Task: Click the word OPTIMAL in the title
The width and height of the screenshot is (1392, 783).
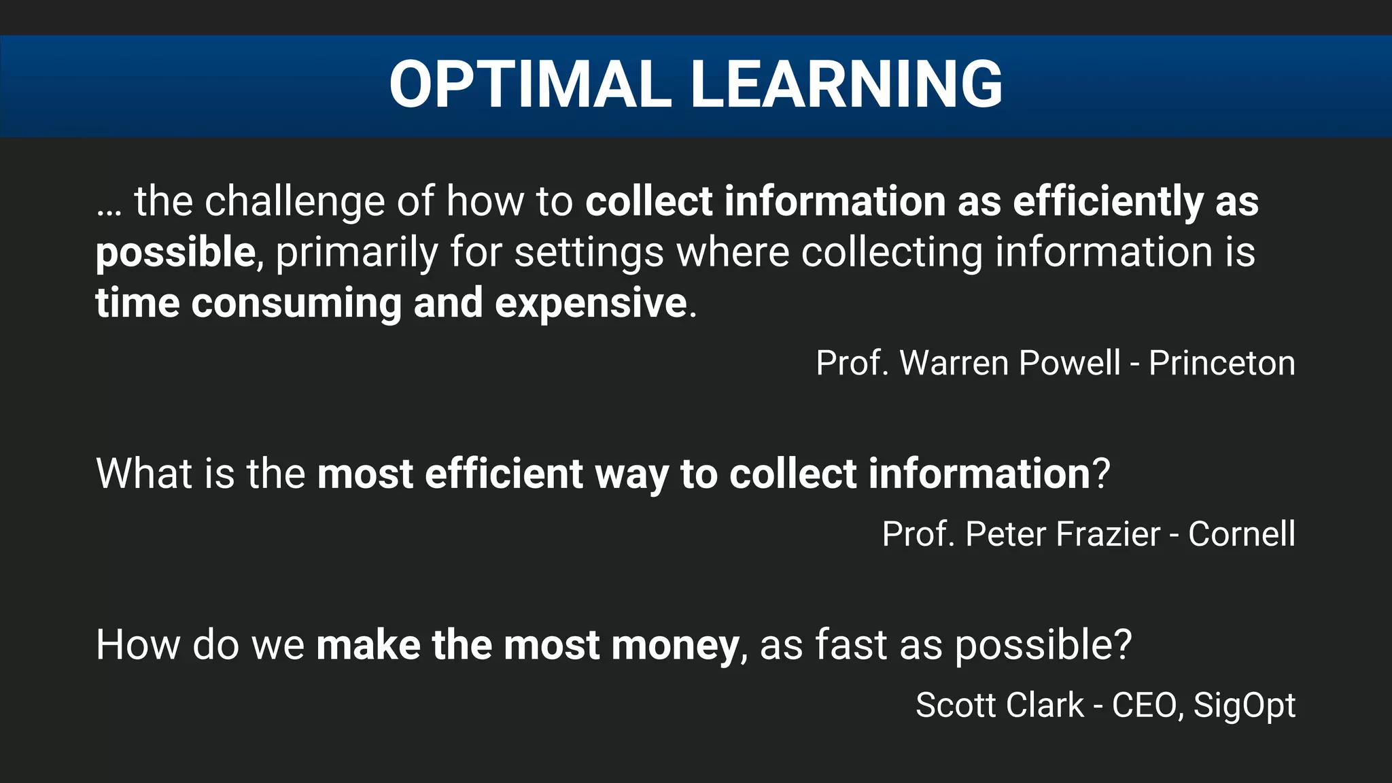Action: pyautogui.click(x=530, y=84)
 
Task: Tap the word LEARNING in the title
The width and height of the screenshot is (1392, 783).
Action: pyautogui.click(x=846, y=84)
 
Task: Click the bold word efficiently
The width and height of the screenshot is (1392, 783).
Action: pyautogui.click(x=1108, y=203)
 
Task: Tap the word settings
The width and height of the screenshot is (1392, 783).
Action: pyautogui.click(x=589, y=253)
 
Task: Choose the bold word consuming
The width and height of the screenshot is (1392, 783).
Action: pyautogui.click(x=296, y=303)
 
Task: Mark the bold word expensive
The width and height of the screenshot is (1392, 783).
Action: pyautogui.click(x=591, y=303)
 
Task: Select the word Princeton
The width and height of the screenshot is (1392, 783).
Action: pyautogui.click(x=1221, y=363)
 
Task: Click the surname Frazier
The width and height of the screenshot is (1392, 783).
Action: pyautogui.click(x=1062, y=534)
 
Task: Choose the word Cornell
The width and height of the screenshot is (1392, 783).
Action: pyautogui.click(x=1241, y=534)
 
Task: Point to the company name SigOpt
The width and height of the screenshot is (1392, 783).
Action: pyautogui.click(x=1245, y=706)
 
